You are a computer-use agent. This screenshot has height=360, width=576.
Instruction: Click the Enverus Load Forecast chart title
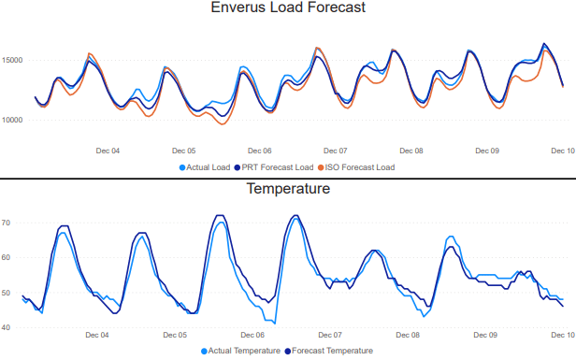[x=288, y=8]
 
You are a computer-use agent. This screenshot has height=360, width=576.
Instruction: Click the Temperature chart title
[x=288, y=189]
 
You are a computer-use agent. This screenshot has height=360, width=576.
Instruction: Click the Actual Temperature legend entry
[x=245, y=351]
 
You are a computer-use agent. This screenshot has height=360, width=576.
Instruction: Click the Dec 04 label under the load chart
[x=108, y=150]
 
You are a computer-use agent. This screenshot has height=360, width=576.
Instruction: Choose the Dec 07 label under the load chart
[x=336, y=150]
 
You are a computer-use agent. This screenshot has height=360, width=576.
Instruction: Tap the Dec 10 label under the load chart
[x=563, y=150]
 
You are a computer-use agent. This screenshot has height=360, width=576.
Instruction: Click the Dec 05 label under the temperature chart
[x=175, y=334]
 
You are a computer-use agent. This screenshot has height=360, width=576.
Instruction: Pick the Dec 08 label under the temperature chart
[x=409, y=334]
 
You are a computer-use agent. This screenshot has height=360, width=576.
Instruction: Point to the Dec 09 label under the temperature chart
[x=486, y=334]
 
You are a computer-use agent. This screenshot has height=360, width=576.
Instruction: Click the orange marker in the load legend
[x=322, y=167]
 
